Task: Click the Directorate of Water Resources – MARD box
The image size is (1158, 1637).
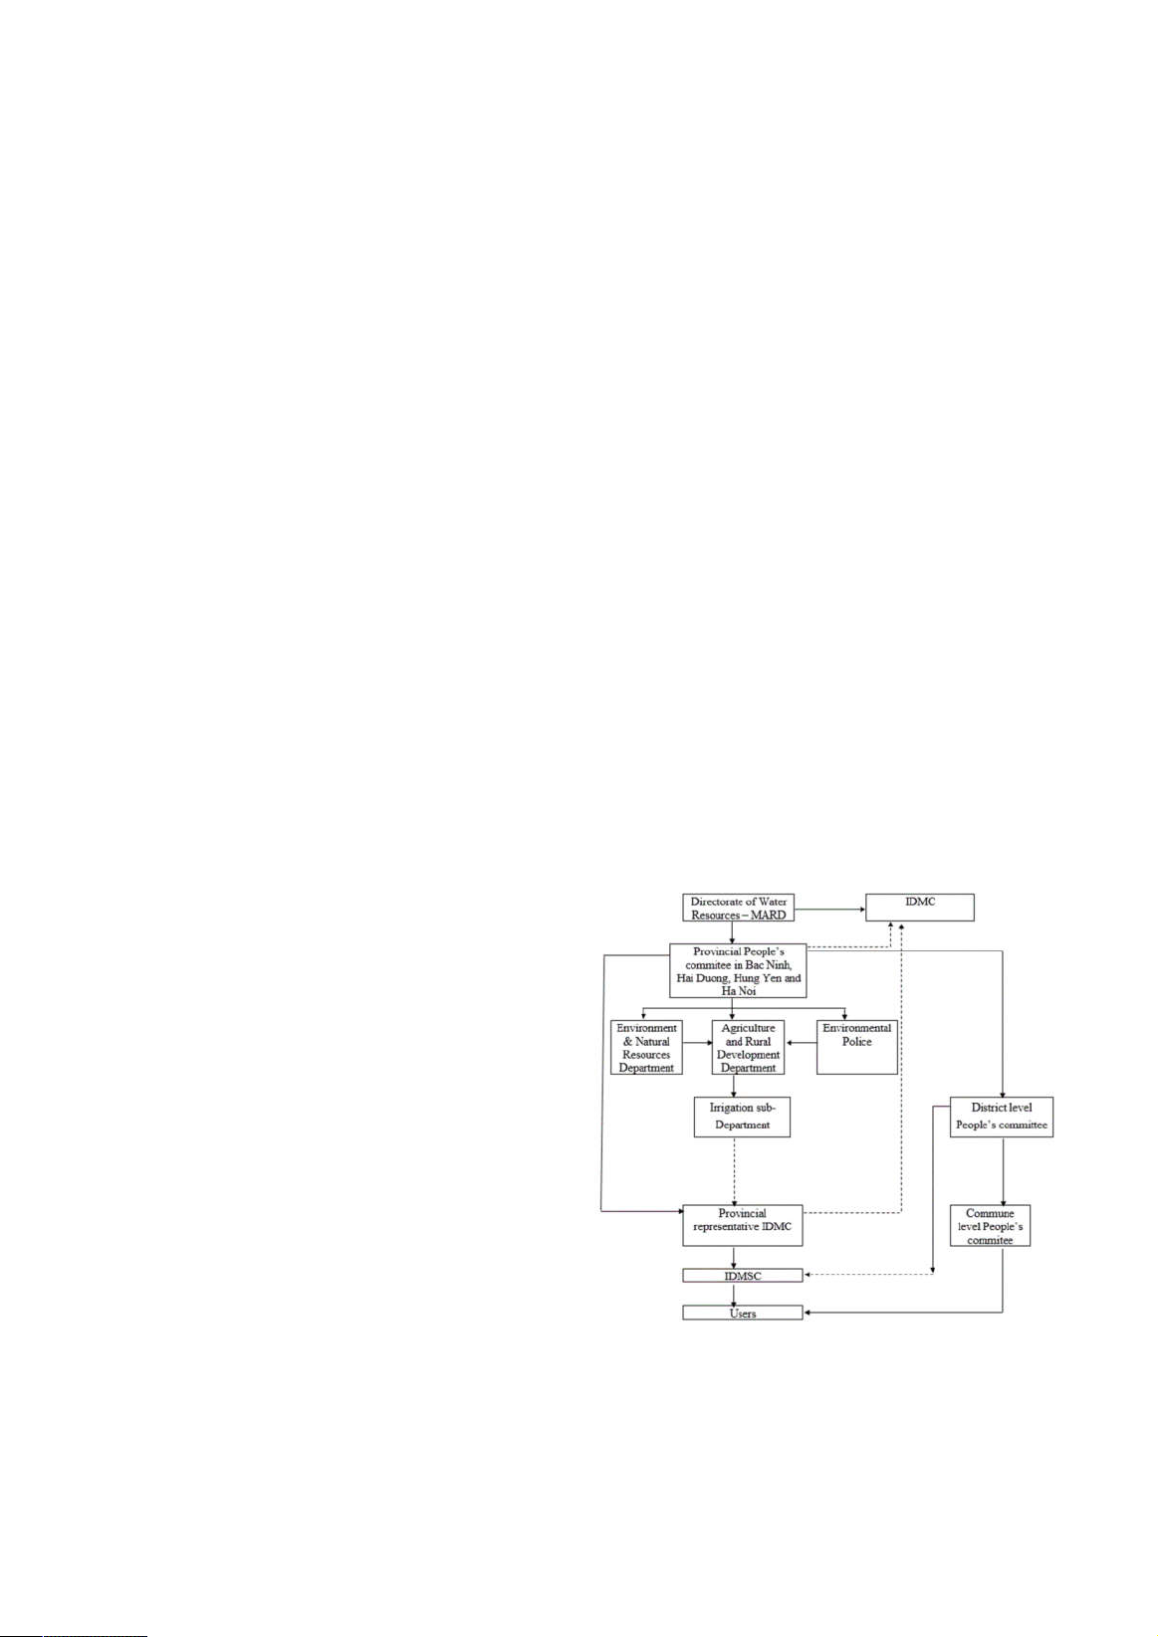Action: pos(738,907)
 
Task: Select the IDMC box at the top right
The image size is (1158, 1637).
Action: pos(920,907)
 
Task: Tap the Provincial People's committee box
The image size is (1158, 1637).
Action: pos(738,970)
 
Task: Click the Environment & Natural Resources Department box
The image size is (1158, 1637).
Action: pos(646,1047)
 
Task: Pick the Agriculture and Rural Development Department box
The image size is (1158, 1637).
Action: pos(748,1047)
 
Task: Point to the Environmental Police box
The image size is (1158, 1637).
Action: pos(857,1047)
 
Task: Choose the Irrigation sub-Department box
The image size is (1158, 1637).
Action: pos(742,1117)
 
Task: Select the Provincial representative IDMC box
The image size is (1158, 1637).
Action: pos(742,1226)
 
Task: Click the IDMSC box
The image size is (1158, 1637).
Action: pos(742,1275)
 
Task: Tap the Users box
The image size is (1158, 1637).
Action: pos(742,1314)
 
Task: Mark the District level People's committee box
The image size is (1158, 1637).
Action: pos(1002,1117)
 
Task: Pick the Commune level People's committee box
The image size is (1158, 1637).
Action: pos(991,1226)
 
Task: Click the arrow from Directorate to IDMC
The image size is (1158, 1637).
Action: pos(829,910)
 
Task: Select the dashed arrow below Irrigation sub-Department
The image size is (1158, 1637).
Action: pos(734,1170)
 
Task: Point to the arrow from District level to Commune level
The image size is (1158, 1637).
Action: pos(1003,1170)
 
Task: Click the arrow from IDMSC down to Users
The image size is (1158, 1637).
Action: pos(734,1294)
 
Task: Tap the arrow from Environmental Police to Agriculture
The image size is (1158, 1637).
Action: pos(801,1043)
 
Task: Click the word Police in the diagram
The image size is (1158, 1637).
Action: pos(857,1041)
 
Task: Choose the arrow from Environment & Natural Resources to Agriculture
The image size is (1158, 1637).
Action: pos(697,1043)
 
